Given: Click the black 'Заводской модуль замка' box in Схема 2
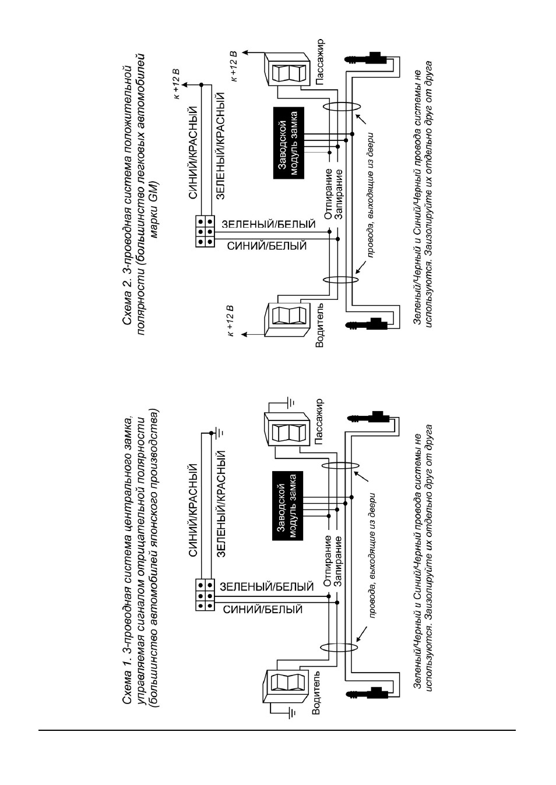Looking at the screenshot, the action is [x=288, y=143].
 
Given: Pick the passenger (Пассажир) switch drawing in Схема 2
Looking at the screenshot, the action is [x=287, y=69].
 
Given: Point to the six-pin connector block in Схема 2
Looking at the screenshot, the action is [x=205, y=232].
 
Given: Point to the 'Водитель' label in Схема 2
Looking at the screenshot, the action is [x=319, y=326].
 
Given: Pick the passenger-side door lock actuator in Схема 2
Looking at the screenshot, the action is [x=366, y=58].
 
